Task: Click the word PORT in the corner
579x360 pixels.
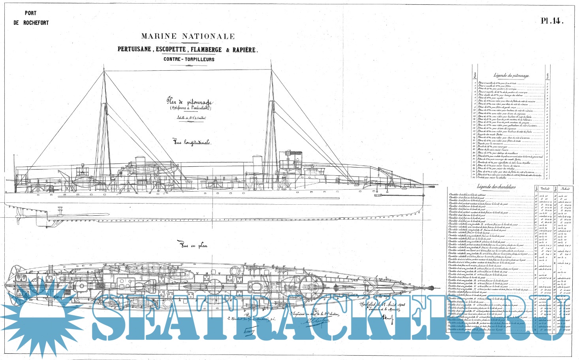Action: click(30, 13)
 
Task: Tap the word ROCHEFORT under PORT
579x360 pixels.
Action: click(36, 23)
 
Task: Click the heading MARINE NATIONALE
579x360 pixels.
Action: click(188, 36)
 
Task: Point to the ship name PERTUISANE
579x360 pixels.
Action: click(134, 49)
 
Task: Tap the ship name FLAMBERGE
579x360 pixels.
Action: click(206, 50)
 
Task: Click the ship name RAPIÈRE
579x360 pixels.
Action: click(244, 50)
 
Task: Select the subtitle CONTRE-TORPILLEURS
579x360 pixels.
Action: click(189, 59)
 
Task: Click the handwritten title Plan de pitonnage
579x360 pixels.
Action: click(189, 102)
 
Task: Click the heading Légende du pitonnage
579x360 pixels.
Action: click(511, 75)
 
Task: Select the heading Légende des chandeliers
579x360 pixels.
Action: click(496, 187)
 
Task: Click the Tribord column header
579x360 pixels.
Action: click(545, 189)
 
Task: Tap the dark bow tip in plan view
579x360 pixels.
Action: click(435, 285)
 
